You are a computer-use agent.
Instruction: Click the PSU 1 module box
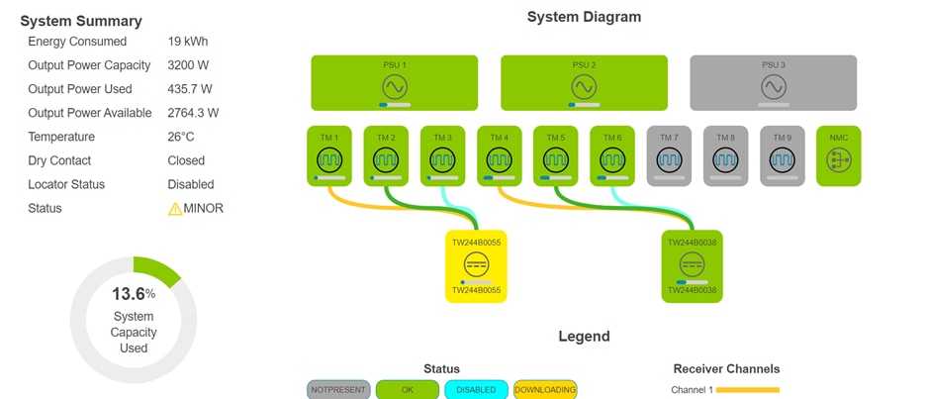point(394,82)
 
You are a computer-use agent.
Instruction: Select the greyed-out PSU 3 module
point(773,82)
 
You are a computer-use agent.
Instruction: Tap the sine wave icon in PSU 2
point(584,86)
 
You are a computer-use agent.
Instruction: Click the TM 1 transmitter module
point(329,155)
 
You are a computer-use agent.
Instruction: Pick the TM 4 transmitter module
point(500,155)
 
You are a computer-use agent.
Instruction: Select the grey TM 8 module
point(726,155)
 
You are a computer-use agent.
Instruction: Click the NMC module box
point(839,155)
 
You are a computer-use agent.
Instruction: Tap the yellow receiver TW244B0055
point(476,266)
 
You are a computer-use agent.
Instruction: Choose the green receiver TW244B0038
point(692,266)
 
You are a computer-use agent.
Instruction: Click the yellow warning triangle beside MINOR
point(175,209)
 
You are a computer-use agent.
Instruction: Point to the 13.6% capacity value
point(134,294)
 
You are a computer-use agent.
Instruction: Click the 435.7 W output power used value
point(192,89)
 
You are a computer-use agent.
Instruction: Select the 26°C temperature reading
point(181,137)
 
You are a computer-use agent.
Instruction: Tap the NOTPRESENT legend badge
point(338,390)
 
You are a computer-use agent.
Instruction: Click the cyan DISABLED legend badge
point(476,390)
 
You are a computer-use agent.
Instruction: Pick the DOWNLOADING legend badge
point(545,390)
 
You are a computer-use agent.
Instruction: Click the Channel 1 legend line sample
point(749,390)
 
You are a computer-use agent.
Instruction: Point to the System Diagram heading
point(584,17)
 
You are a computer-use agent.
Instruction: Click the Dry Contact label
point(59,160)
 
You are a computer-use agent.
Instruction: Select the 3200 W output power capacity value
point(188,65)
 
